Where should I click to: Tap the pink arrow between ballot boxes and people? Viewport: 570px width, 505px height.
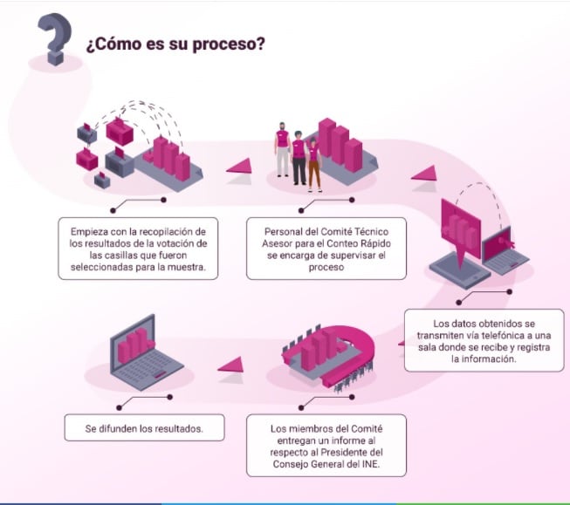(237, 165)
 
